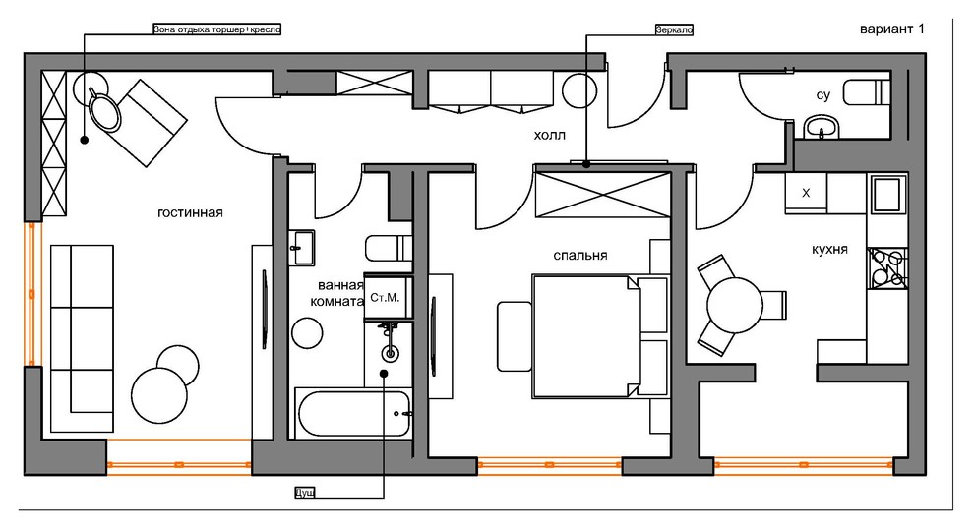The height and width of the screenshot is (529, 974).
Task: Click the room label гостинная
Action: (x=190, y=213)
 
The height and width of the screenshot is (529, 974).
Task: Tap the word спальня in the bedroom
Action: (x=580, y=256)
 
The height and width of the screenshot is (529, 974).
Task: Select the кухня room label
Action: (x=830, y=250)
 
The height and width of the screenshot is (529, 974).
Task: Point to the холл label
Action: (x=550, y=135)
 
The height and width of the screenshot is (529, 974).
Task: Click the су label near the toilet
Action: (x=823, y=95)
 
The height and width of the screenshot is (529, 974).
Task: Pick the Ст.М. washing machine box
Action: (x=385, y=297)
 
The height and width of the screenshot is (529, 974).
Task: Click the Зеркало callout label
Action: (x=674, y=29)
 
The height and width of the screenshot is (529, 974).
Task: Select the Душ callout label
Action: (x=304, y=493)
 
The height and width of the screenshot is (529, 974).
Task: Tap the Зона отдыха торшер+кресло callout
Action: (x=217, y=29)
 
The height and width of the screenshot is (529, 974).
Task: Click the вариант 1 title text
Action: (x=892, y=29)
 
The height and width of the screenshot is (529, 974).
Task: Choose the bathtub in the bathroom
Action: (x=354, y=413)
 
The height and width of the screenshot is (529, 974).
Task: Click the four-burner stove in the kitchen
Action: (x=887, y=268)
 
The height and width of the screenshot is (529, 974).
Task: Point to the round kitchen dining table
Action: (x=735, y=305)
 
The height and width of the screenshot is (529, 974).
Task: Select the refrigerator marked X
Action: (x=806, y=193)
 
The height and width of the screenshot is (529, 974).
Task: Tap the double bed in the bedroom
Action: (x=586, y=336)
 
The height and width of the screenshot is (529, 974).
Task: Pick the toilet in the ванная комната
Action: (x=389, y=248)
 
